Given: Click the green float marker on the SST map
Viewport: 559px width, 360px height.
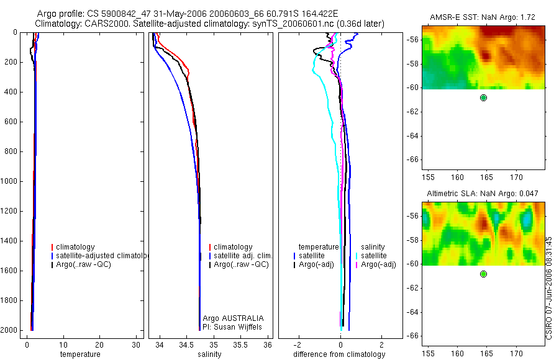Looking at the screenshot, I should coord(483,97).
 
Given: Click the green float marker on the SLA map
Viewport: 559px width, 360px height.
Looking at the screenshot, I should coord(483,274).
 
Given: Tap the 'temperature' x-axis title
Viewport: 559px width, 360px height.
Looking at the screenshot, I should coord(80,354).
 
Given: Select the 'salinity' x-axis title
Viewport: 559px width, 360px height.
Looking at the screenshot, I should coord(209,354).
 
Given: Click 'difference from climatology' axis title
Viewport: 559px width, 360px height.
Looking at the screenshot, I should coord(339,354).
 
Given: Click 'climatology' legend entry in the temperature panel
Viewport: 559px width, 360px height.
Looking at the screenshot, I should coord(75,247).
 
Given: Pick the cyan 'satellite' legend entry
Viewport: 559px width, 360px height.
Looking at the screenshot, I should coord(374,256).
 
